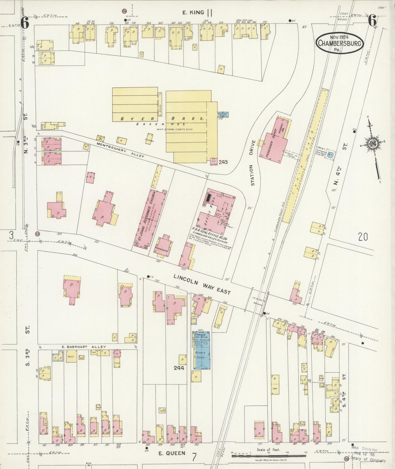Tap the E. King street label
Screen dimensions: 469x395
pos(193,12)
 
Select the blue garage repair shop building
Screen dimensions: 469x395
pos(202,350)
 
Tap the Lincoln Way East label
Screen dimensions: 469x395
pos(202,284)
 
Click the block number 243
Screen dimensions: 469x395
pos(223,162)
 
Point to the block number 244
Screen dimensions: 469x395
pos(179,368)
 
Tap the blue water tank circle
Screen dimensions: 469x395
pos(330,155)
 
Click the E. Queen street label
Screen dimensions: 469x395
pos(172,453)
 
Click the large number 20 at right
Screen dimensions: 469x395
pos(363,237)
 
